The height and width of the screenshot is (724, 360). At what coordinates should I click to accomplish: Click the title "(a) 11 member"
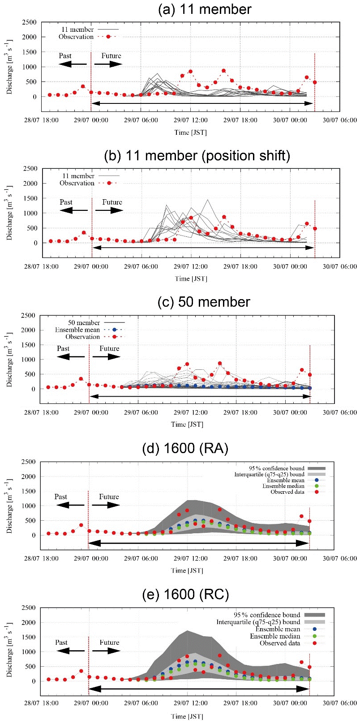click(205, 9)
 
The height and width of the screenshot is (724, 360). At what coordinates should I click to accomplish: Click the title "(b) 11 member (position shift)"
click(197, 155)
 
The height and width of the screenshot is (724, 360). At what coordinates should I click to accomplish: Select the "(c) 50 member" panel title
click(204, 302)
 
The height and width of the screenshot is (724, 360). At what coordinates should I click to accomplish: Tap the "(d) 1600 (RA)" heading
click(185, 448)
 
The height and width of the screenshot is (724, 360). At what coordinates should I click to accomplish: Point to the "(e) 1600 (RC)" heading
click(185, 594)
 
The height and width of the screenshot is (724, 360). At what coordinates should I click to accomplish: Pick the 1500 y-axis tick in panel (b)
click(30, 198)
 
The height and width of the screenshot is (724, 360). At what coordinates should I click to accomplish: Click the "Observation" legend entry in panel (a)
click(76, 37)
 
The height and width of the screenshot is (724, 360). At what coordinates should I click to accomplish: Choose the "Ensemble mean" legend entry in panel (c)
click(77, 330)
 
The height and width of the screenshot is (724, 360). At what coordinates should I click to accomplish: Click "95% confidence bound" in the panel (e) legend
click(267, 615)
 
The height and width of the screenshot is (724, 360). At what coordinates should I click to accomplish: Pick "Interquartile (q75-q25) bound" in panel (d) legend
click(269, 474)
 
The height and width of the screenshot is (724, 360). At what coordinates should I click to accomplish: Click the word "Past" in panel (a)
click(65, 56)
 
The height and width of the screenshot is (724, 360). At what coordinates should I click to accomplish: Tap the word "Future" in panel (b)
click(112, 202)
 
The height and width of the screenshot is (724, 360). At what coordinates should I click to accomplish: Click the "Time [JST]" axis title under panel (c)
click(187, 424)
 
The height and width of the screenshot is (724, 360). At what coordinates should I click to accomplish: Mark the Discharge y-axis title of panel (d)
click(9, 506)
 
